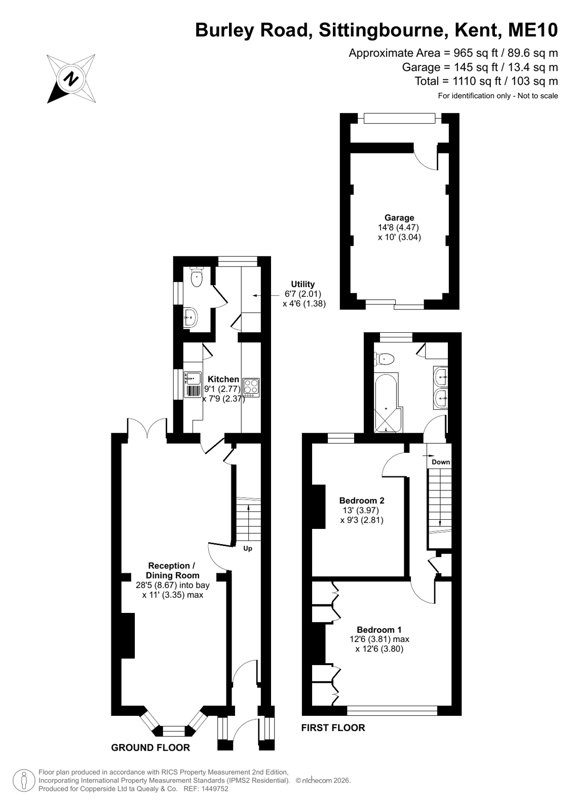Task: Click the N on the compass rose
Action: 71,79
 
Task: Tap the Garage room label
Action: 399,218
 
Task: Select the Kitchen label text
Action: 223,379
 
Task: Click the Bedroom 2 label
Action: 361,500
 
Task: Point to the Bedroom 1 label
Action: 379,630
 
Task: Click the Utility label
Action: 303,284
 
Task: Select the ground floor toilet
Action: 197,277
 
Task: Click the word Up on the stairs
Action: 247,549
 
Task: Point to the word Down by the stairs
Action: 441,462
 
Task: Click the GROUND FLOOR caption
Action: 150,748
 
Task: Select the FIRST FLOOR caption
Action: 333,727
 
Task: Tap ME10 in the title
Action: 533,30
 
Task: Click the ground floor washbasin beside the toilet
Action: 190,317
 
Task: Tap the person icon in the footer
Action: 24,781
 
